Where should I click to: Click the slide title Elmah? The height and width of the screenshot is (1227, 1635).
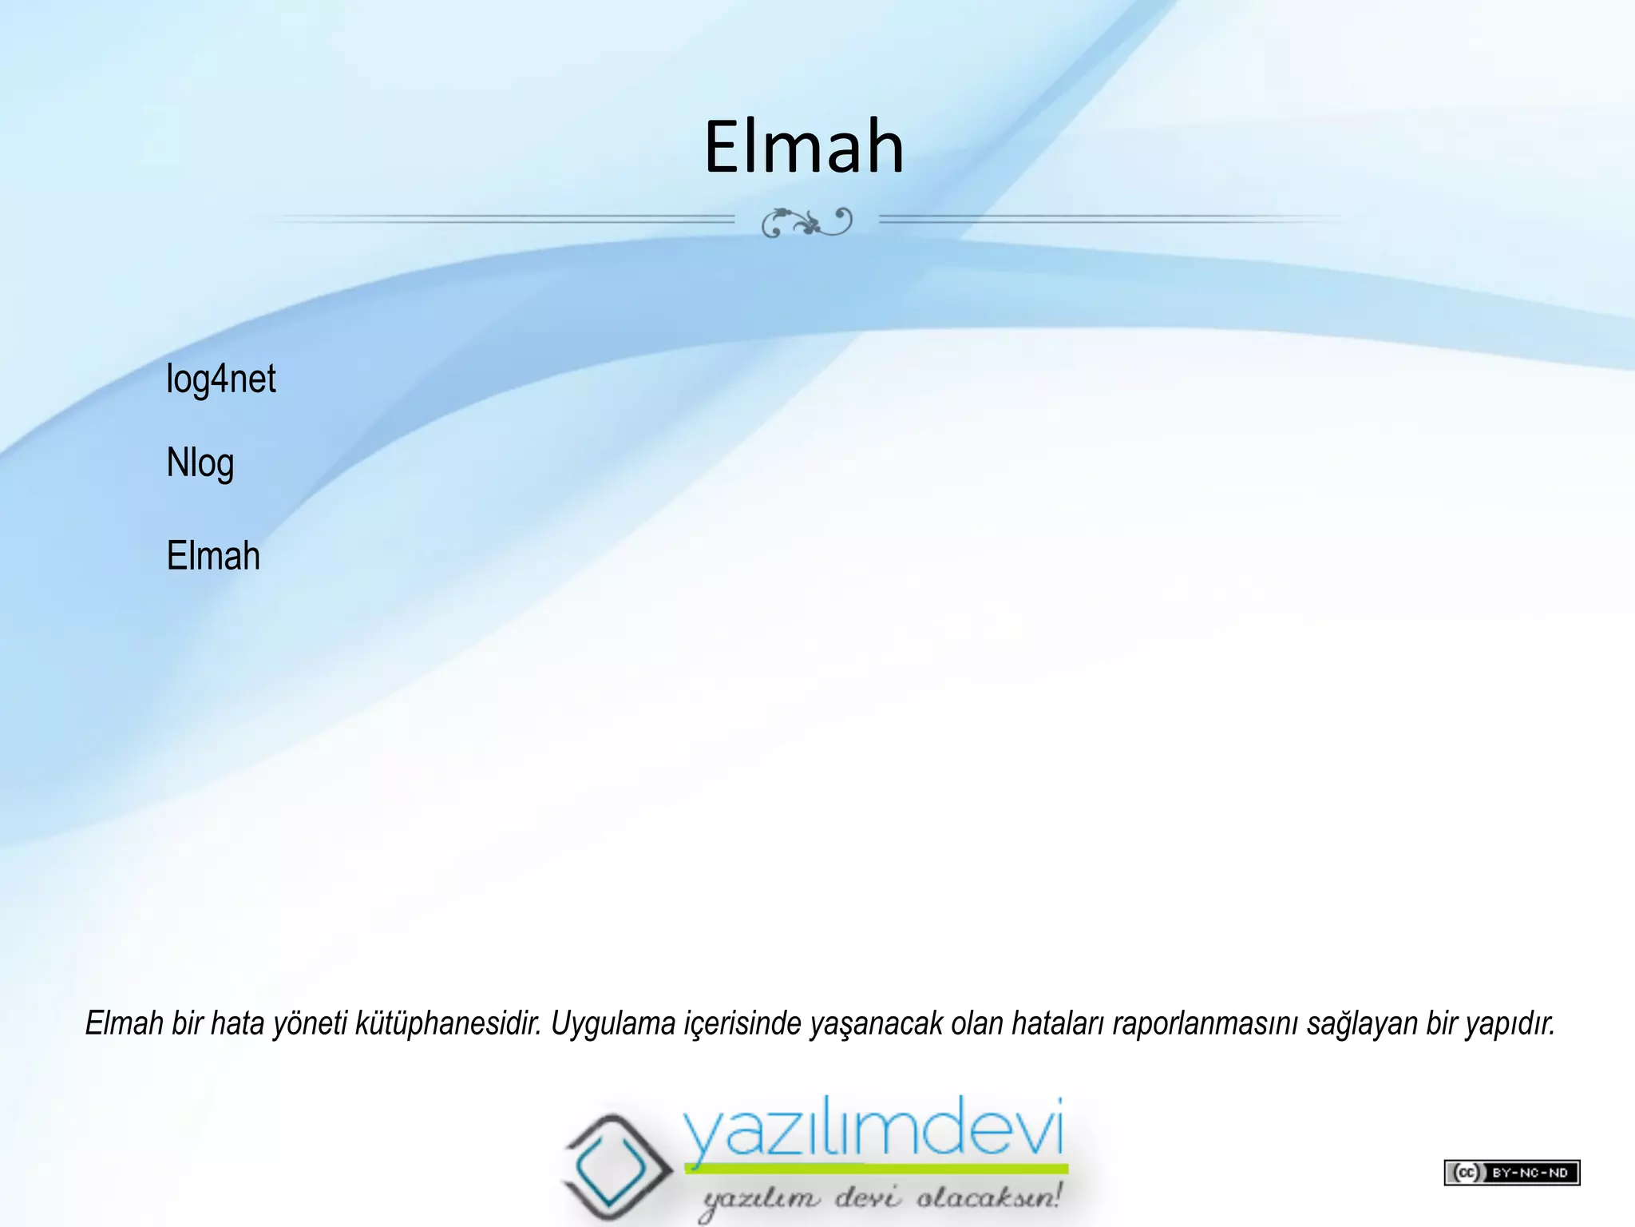(x=804, y=146)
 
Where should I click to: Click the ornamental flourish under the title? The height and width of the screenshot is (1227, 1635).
(x=806, y=221)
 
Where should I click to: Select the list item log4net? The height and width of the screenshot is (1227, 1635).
(x=220, y=379)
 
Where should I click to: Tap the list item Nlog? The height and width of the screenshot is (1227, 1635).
(x=200, y=463)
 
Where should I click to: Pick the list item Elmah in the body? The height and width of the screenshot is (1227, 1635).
(x=213, y=556)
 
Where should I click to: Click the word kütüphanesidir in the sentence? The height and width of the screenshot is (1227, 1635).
(x=448, y=1023)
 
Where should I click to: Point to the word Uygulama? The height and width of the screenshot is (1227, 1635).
(x=613, y=1023)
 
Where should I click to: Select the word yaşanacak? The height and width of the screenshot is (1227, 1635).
(x=876, y=1024)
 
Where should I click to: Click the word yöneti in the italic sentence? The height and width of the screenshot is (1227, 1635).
(x=310, y=1024)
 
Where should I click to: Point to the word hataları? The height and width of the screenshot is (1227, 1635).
(x=1056, y=1023)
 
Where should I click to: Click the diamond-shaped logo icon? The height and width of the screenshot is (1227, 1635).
(x=612, y=1162)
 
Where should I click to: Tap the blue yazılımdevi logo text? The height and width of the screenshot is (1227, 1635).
(x=873, y=1130)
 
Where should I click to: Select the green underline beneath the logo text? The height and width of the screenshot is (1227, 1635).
(x=876, y=1169)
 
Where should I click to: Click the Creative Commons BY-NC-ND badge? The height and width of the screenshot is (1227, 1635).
(x=1511, y=1172)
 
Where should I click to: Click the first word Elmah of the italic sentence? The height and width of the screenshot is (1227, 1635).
(x=124, y=1023)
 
